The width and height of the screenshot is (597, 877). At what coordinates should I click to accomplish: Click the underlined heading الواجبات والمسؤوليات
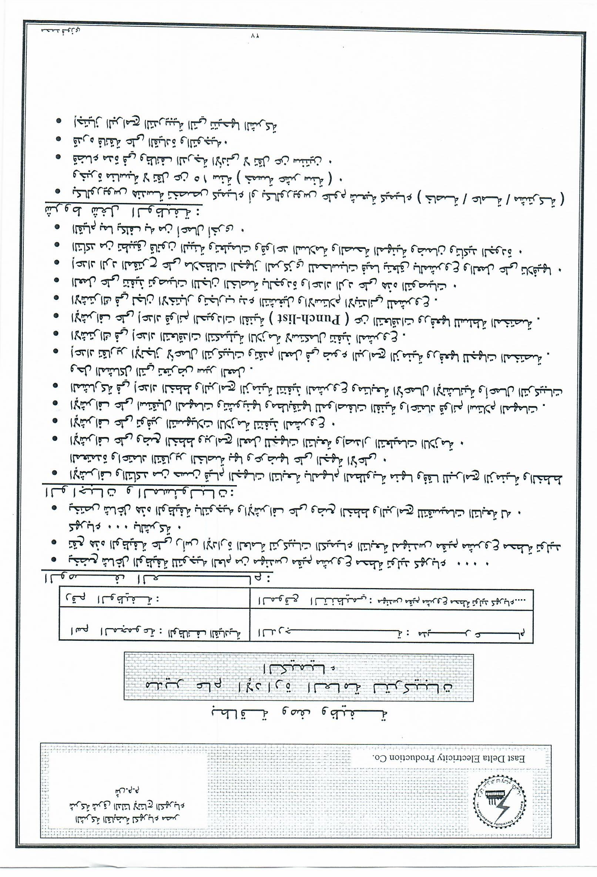[x=140, y=493]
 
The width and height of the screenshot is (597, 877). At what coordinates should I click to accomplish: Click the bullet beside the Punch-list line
[x=57, y=316]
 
